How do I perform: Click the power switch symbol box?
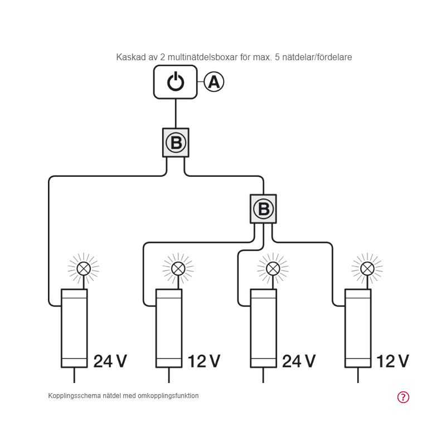pos(176,82)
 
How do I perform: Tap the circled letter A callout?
pos(214,82)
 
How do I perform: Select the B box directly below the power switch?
pos(176,143)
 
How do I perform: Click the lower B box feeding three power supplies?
pos(264,209)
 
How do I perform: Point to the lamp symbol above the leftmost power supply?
pos(83,269)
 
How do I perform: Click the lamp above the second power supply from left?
pos(178,269)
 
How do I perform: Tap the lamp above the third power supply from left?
pos(273,269)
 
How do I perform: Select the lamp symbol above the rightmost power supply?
pos(367,269)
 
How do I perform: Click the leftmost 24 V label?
pos(110,361)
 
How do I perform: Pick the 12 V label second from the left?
pos(204,361)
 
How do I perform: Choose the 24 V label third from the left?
pos(299,361)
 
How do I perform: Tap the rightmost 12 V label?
pos(393,361)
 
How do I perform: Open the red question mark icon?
pos(403,397)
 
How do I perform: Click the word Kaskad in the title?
pos(129,57)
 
